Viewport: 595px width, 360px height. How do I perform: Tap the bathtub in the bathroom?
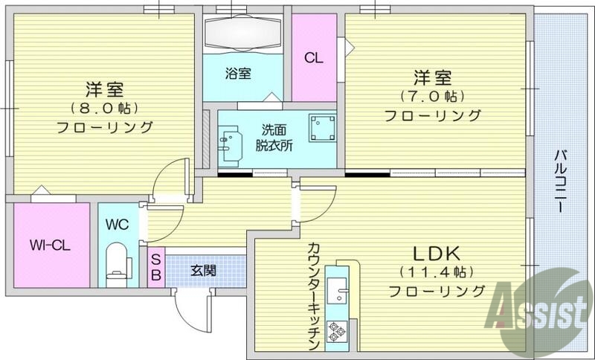(242, 33)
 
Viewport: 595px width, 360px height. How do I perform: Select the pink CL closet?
(313, 57)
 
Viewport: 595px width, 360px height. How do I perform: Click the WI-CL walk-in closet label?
(50, 245)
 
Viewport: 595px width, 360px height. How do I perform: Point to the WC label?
(118, 222)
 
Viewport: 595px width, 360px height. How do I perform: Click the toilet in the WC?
(118, 263)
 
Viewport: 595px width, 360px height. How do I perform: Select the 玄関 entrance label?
(203, 269)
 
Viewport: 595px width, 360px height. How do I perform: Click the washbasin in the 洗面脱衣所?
(231, 141)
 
